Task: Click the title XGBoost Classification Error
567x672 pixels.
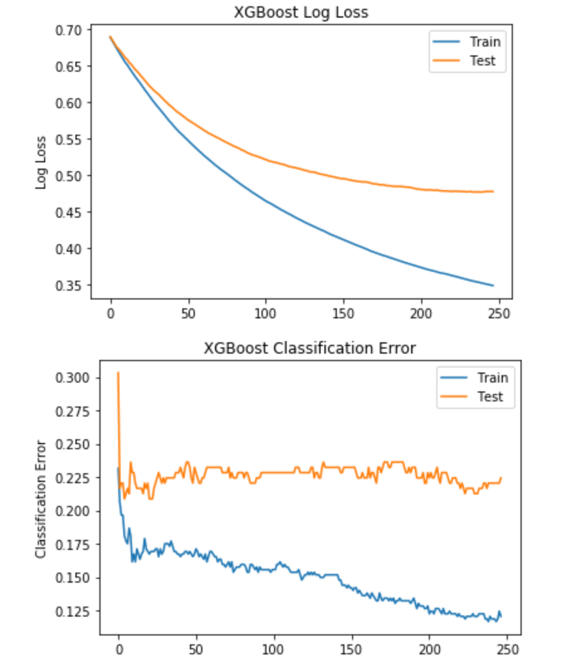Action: [309, 348]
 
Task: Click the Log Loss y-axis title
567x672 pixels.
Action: [41, 162]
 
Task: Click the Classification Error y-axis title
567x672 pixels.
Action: [41, 499]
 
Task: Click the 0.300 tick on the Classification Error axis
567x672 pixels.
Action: [75, 378]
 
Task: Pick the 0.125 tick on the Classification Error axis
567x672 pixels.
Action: [75, 612]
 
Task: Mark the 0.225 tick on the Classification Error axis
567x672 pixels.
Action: [75, 478]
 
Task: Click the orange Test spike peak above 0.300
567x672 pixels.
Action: [118, 372]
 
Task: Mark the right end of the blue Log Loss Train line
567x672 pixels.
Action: [493, 286]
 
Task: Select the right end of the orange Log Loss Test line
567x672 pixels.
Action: [493, 191]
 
